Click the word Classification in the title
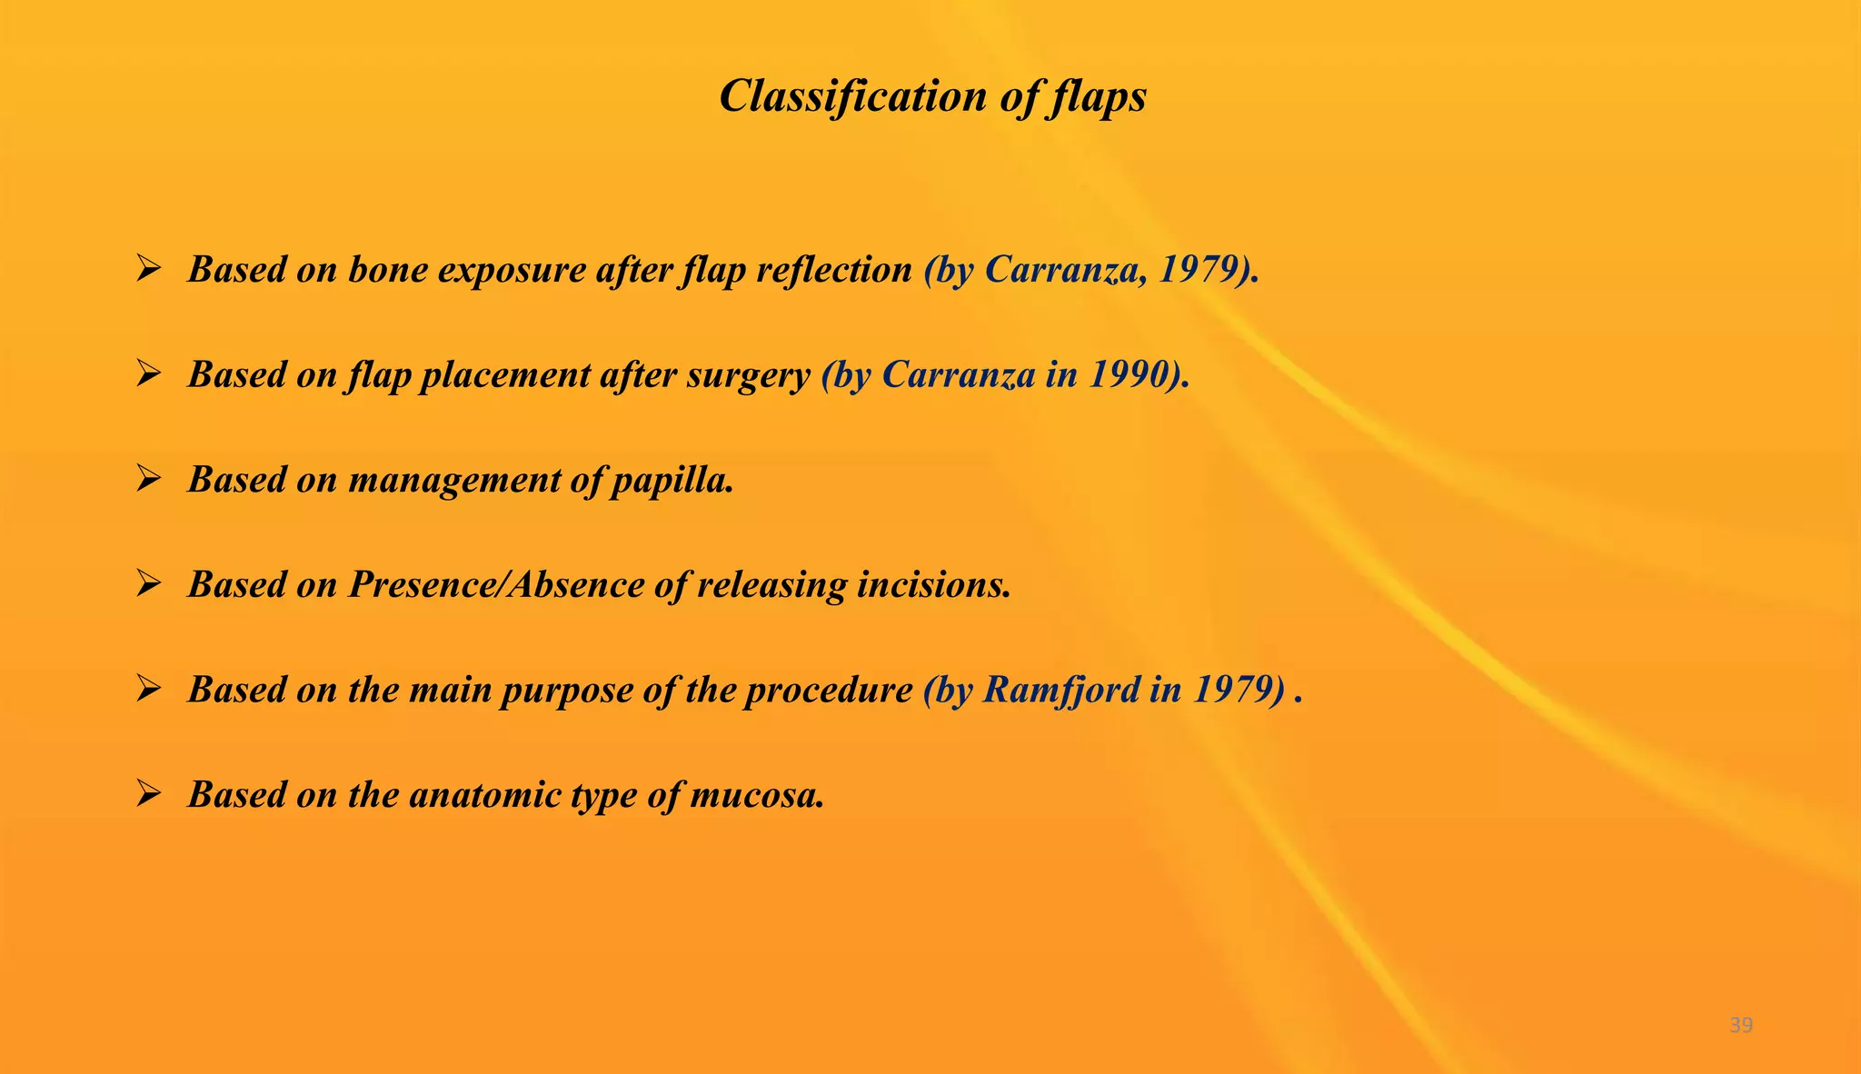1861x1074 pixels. click(x=851, y=95)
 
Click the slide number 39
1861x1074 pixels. click(x=1741, y=1025)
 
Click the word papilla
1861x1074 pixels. click(x=672, y=481)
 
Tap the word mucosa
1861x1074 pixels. click(x=757, y=795)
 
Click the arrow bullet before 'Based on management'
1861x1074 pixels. click(x=148, y=478)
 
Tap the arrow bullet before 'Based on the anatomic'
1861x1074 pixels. click(x=148, y=793)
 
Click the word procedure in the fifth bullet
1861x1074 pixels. click(x=828, y=690)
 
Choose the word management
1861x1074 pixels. click(x=453, y=481)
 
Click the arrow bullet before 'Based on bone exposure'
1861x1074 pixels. click(x=148, y=268)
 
